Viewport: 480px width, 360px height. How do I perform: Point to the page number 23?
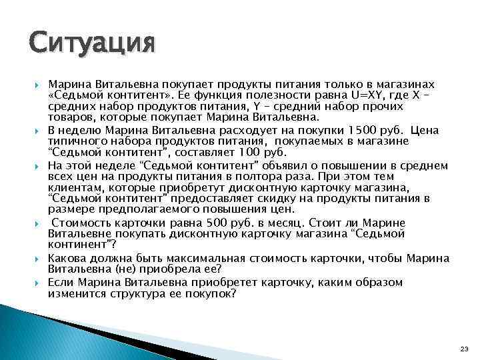click(465, 349)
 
